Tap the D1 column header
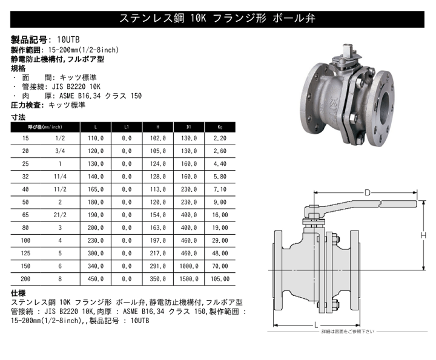pyautogui.click(x=190, y=127)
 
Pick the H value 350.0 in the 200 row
pyautogui.click(x=158, y=279)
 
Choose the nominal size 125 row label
pyautogui.click(x=25, y=253)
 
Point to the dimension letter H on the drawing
pyautogui.click(x=426, y=235)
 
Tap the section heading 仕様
pyautogui.click(x=19, y=292)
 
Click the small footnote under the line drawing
pyautogui.click(x=348, y=332)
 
